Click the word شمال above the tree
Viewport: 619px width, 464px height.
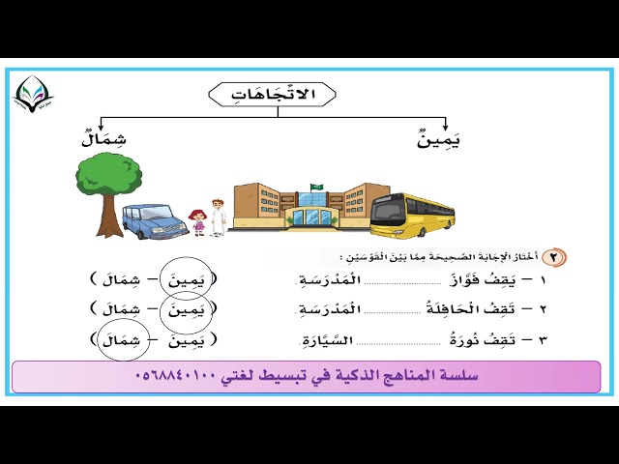pos(104,140)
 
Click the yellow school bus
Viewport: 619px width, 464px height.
pos(411,215)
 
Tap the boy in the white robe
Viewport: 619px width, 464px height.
pos(218,217)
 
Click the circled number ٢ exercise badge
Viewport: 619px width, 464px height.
pos(554,257)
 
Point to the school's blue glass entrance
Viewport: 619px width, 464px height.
pos(311,215)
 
